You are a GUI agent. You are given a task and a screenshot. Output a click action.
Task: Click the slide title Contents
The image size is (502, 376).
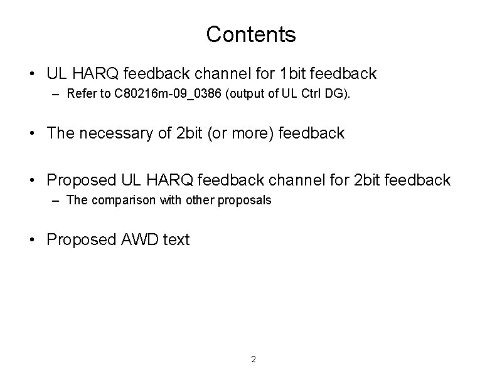(250, 34)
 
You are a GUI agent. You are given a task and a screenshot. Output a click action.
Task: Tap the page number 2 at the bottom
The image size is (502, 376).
(253, 359)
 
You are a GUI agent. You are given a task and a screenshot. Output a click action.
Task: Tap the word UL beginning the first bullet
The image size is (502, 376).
(57, 74)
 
